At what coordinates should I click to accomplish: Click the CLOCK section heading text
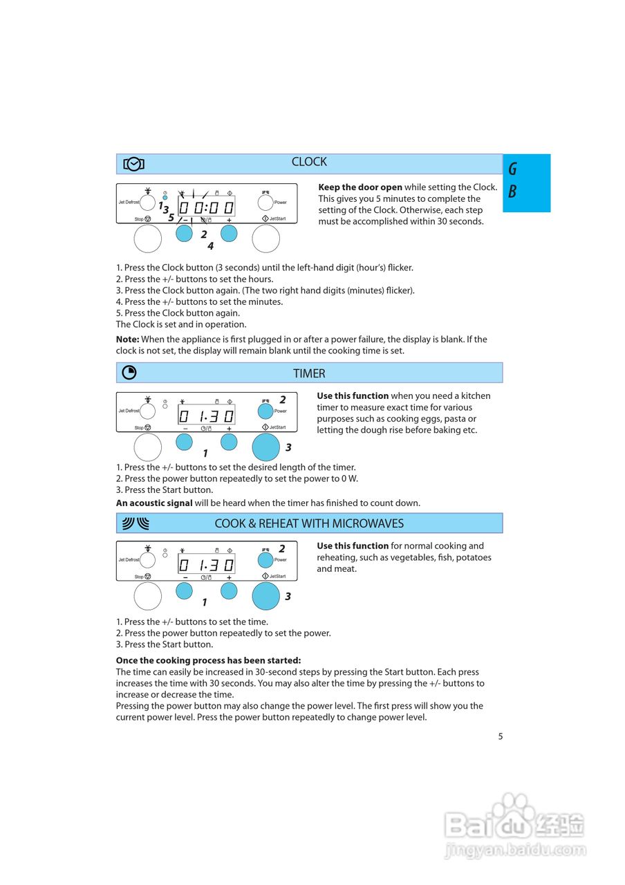tap(309, 162)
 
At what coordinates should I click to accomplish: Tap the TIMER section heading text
tap(309, 373)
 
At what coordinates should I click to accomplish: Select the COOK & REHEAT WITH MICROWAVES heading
tap(309, 523)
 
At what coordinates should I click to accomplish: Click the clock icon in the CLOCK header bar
tap(133, 164)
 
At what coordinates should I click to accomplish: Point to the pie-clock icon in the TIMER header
tap(129, 373)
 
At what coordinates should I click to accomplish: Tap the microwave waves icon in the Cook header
tap(136, 523)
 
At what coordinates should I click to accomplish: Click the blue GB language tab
tap(526, 183)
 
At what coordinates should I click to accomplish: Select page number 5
tap(501, 736)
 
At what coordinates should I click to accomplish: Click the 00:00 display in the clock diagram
tap(206, 207)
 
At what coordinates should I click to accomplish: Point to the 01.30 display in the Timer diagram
tap(206, 416)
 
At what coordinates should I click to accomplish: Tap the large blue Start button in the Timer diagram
tap(265, 447)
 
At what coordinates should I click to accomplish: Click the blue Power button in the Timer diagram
tap(265, 411)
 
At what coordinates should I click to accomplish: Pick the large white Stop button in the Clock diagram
tap(147, 239)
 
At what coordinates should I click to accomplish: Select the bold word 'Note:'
tap(128, 339)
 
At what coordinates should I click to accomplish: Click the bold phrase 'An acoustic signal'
tap(154, 503)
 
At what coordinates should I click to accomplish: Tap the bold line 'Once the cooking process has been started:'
tap(208, 660)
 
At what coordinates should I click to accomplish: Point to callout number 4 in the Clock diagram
tap(210, 245)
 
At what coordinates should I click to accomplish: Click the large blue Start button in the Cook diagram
tap(265, 596)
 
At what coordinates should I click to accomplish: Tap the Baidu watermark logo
tap(514, 826)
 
